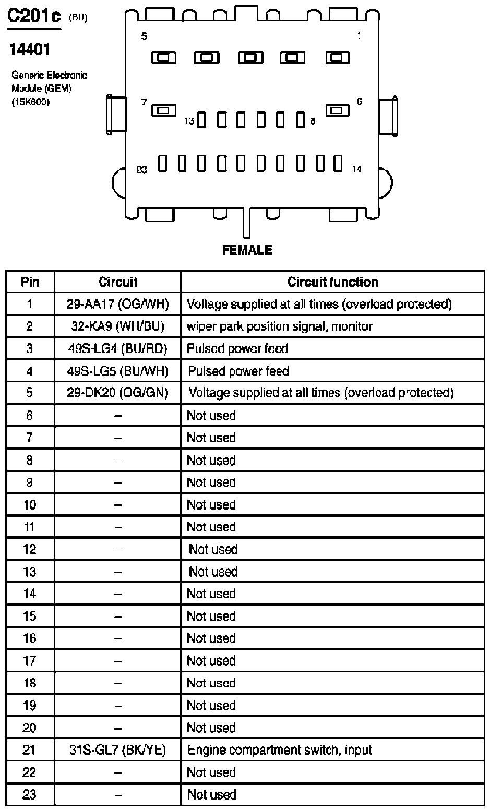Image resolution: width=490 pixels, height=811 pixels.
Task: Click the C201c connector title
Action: tap(34, 17)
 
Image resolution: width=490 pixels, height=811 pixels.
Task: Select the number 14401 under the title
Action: tap(30, 50)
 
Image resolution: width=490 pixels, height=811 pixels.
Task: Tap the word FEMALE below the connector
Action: tap(247, 250)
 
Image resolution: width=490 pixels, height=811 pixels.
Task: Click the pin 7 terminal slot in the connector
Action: tap(163, 110)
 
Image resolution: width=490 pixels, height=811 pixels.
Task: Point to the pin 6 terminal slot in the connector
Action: tap(338, 110)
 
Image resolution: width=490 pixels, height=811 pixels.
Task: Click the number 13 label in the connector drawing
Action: tap(189, 121)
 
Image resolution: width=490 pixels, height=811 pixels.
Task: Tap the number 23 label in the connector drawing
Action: tap(141, 170)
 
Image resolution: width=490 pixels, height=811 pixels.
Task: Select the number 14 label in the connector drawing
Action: tap(356, 169)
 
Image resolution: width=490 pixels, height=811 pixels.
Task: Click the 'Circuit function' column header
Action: tap(332, 282)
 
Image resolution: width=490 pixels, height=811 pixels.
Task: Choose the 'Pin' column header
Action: tap(30, 282)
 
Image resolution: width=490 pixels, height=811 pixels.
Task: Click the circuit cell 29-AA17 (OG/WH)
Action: tap(118, 304)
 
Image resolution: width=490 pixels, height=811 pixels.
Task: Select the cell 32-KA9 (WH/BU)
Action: tap(118, 326)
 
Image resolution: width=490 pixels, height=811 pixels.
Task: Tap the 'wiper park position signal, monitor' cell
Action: tap(280, 326)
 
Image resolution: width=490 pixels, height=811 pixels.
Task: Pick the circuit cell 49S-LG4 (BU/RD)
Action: tap(118, 348)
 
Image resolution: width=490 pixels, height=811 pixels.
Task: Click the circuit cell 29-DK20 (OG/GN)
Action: tap(118, 393)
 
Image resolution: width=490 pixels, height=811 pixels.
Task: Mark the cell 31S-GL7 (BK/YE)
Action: tap(118, 750)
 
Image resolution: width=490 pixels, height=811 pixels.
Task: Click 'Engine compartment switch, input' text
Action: tap(280, 750)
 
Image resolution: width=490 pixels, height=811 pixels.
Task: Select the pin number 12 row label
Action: tap(30, 549)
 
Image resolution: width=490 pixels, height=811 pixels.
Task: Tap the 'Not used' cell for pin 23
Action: tap(212, 795)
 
